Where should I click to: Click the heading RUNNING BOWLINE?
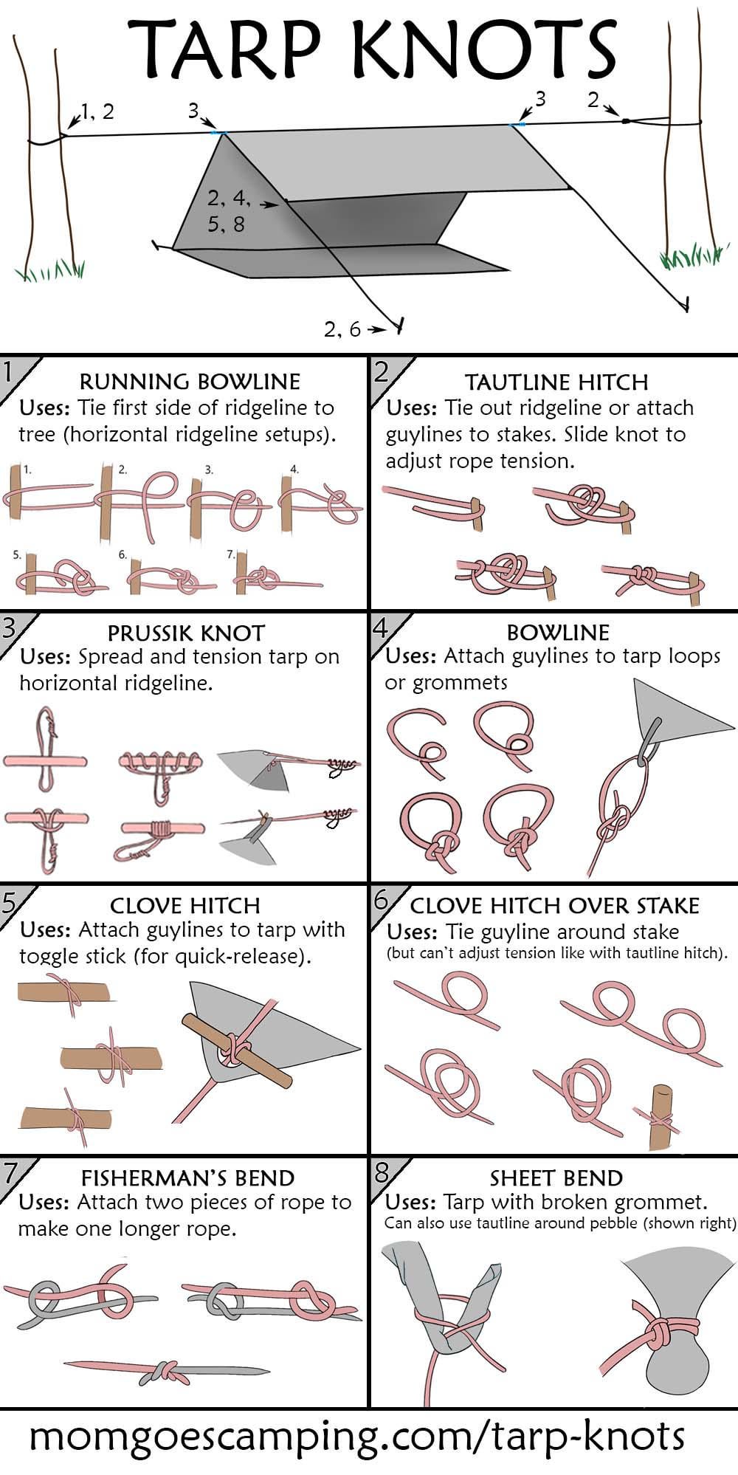[189, 382]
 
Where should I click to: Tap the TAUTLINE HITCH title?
[556, 382]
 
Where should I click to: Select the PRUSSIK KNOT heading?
[185, 633]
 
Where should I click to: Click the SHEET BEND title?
[556, 1178]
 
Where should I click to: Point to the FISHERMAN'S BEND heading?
[187, 1178]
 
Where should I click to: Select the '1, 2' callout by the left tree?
[97, 111]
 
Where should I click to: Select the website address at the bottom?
[356, 1436]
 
